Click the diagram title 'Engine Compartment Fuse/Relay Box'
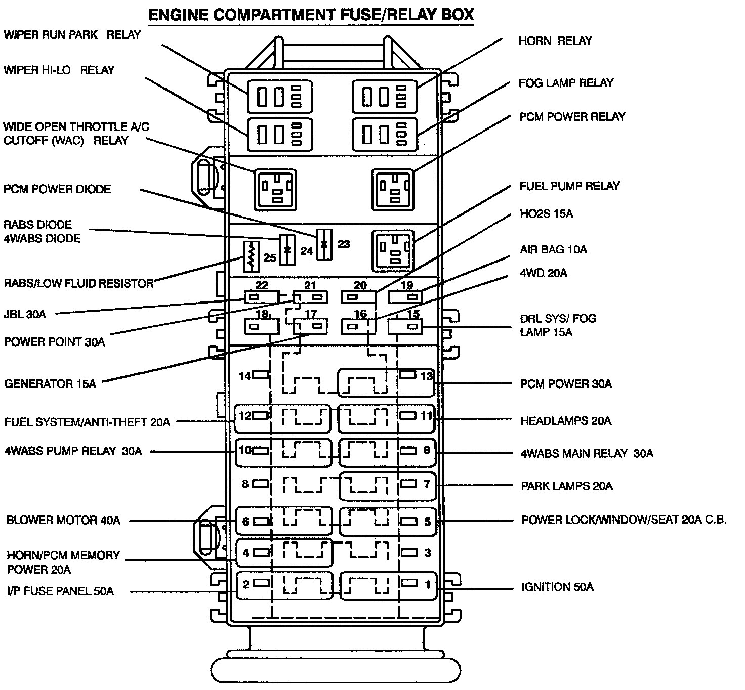[311, 15]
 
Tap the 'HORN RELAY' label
[555, 41]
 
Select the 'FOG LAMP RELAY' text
[566, 83]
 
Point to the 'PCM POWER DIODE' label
[57, 189]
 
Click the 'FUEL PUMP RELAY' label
[569, 186]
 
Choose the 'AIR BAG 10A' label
[553, 249]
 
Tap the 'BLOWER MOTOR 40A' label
[63, 520]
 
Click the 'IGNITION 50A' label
[557, 587]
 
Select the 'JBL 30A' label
[25, 314]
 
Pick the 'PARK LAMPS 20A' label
[566, 486]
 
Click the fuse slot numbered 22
[261, 297]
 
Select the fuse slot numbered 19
[405, 296]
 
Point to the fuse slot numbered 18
[262, 327]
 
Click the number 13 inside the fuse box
[426, 376]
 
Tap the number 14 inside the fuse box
[245, 376]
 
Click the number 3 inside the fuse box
[428, 553]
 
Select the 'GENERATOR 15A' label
[50, 384]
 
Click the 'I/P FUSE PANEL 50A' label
[60, 591]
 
